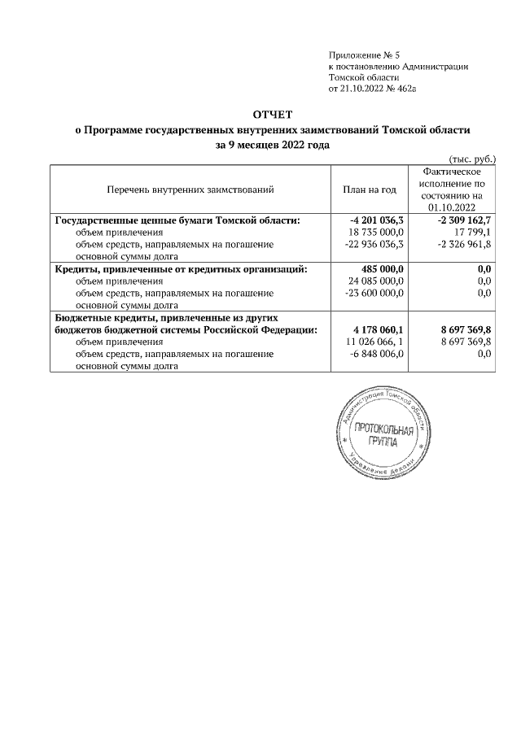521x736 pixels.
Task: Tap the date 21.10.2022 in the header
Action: (x=361, y=89)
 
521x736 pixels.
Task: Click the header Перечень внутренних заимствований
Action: (x=190, y=189)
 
